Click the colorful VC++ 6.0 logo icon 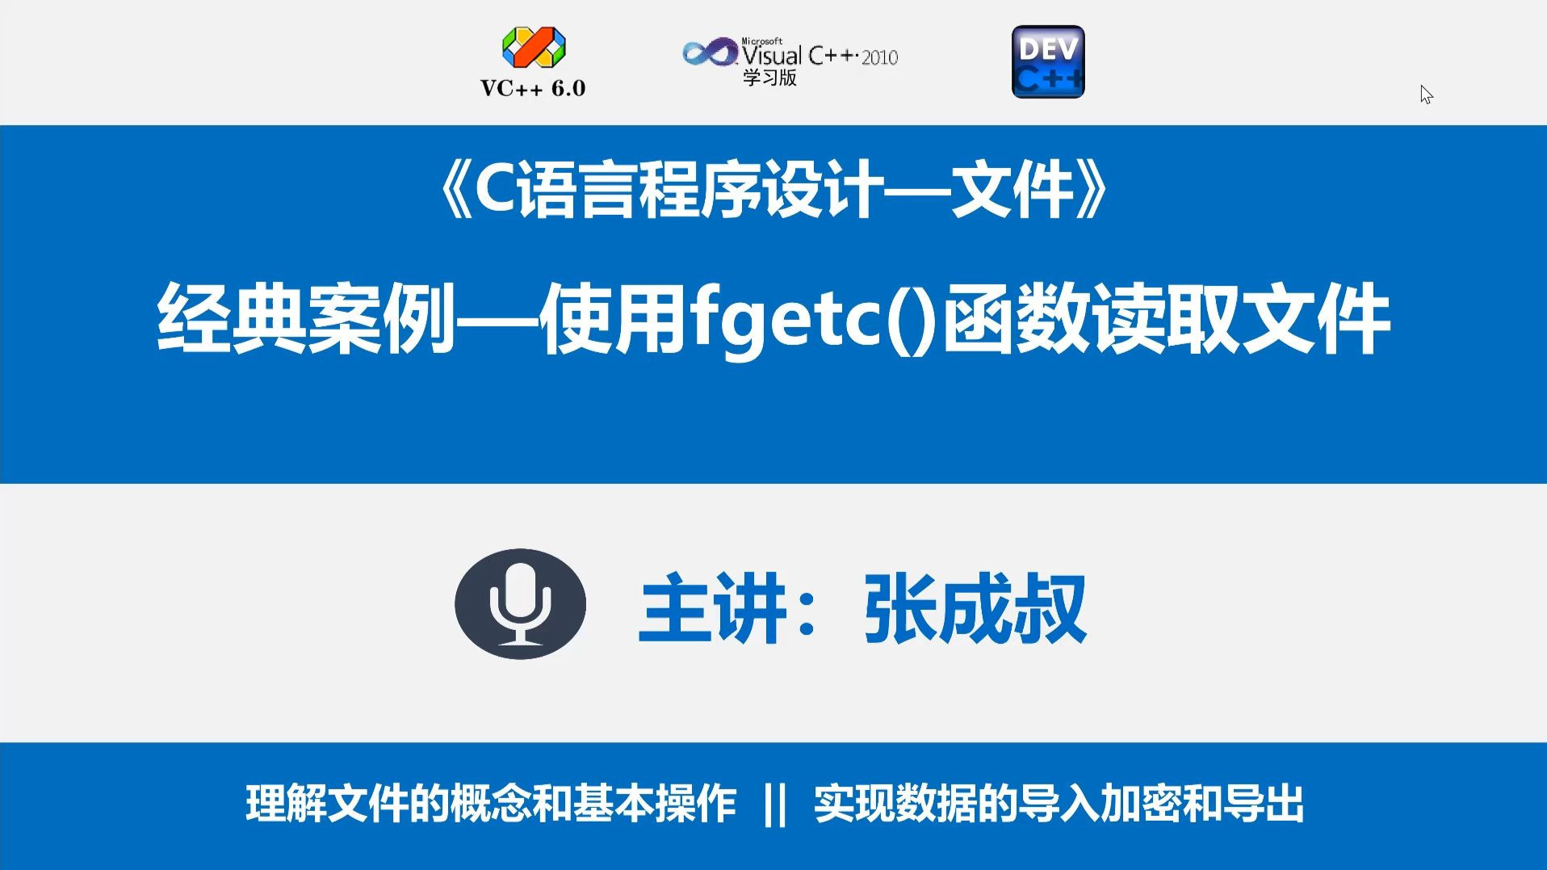pyautogui.click(x=534, y=47)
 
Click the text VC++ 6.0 pyautogui.click(x=533, y=88)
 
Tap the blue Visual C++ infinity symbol pyautogui.click(x=709, y=53)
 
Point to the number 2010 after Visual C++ pyautogui.click(x=879, y=58)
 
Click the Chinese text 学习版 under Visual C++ pyautogui.click(x=769, y=78)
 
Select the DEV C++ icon pyautogui.click(x=1047, y=62)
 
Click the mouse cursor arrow pyautogui.click(x=1426, y=95)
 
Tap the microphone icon pyautogui.click(x=520, y=604)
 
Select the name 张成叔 pyautogui.click(x=975, y=608)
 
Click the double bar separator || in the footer pyautogui.click(x=774, y=804)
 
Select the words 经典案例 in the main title pyautogui.click(x=307, y=318)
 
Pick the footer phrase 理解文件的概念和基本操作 pyautogui.click(x=491, y=804)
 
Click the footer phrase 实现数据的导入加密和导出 pyautogui.click(x=1059, y=804)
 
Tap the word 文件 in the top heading pyautogui.click(x=1012, y=191)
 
